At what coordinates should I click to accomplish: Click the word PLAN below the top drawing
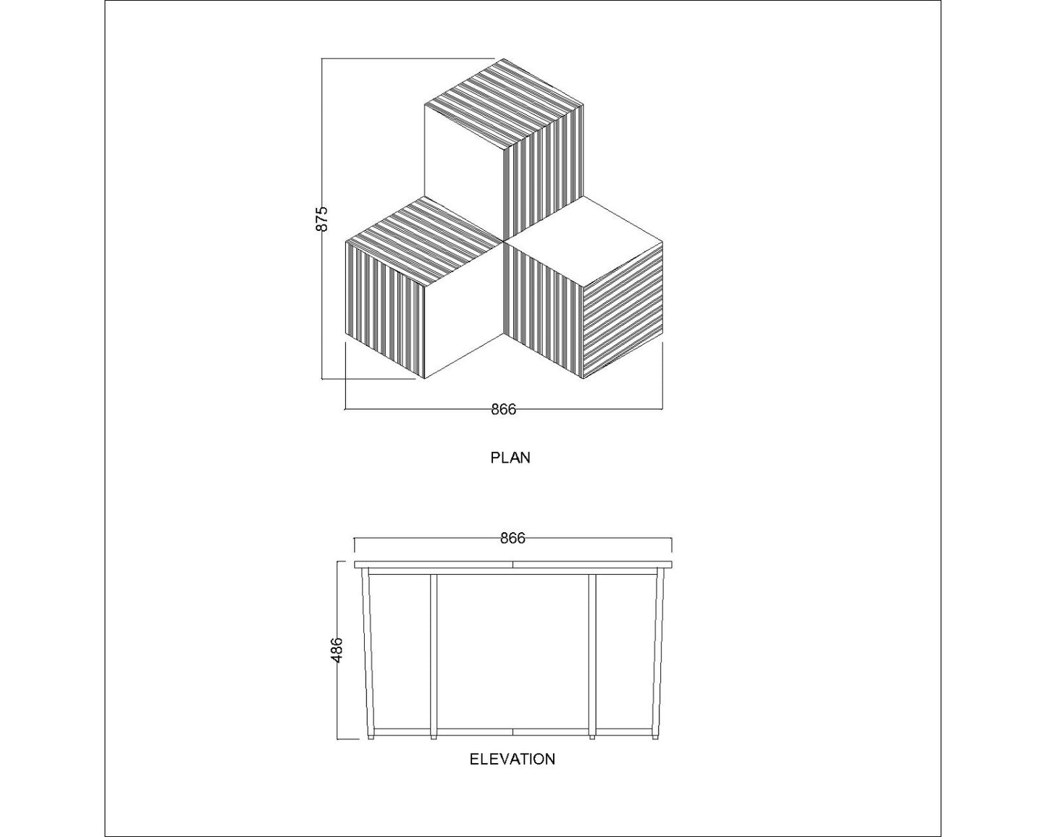click(x=510, y=458)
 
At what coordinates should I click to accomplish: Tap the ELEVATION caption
click(x=513, y=759)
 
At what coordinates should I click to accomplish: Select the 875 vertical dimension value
click(x=323, y=219)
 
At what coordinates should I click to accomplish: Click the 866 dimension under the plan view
click(x=503, y=410)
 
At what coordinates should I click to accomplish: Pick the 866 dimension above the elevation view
click(x=513, y=538)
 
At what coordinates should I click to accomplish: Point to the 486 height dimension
click(x=336, y=650)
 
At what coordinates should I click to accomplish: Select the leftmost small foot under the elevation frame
click(x=371, y=738)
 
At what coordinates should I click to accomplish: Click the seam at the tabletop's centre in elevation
click(x=513, y=564)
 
